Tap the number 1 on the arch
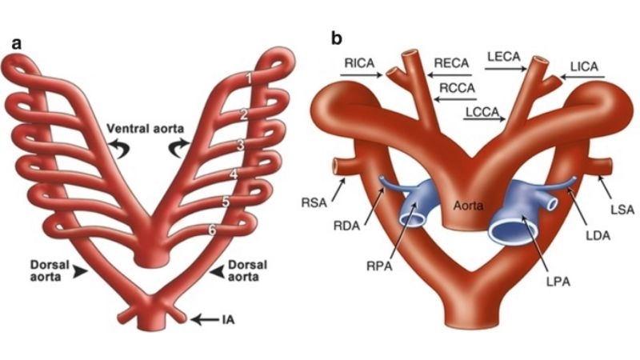tap(250, 78)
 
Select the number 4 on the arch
tap(233, 174)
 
